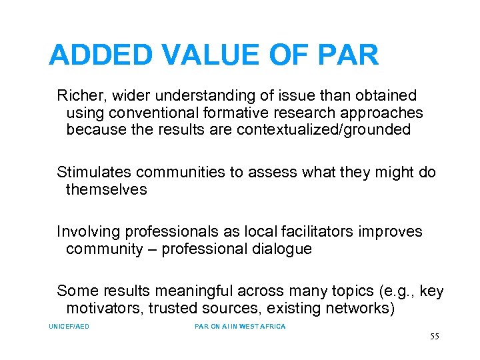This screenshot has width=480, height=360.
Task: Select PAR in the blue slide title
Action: pos(349,55)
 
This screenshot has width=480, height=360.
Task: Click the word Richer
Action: pos(77,96)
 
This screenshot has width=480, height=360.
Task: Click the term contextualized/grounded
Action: pos(323,130)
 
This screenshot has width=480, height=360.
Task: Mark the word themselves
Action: pos(106,190)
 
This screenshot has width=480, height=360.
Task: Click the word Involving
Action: pos(87,232)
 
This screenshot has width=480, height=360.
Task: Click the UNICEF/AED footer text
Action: pos(69,327)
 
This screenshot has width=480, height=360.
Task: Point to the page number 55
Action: pos(434,337)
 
